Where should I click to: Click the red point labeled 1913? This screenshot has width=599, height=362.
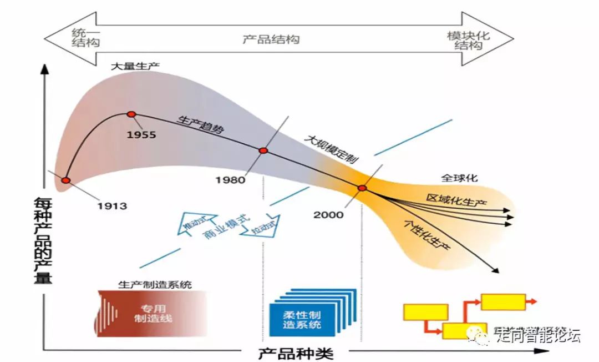click(x=66, y=180)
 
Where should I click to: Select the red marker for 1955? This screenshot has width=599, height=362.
click(x=131, y=114)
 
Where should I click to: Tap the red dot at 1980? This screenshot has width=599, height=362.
click(x=263, y=150)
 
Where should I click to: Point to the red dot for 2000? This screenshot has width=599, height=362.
click(x=362, y=188)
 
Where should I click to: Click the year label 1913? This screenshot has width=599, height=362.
click(x=112, y=206)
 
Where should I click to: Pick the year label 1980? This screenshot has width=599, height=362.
click(x=230, y=180)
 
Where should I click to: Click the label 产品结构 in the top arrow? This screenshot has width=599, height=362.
click(x=271, y=39)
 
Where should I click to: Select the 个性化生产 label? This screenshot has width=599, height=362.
click(x=426, y=235)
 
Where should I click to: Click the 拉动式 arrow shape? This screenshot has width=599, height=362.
click(x=261, y=227)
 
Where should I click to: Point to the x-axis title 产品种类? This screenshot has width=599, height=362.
click(x=296, y=353)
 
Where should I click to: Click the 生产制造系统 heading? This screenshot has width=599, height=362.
click(x=155, y=284)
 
